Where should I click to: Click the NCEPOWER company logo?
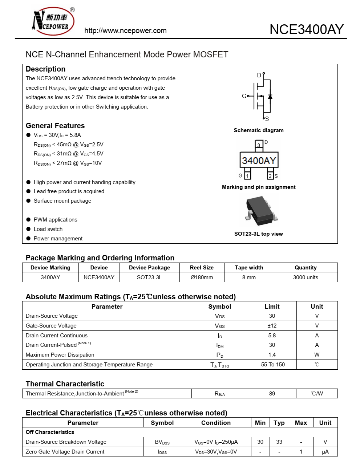pos(53,21)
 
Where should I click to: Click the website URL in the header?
pos(125,31)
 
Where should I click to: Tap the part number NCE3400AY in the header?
pos(306,29)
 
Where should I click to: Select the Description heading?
pos(45,69)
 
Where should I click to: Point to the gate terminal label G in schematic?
pos(244,96)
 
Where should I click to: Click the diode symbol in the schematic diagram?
pos(270,97)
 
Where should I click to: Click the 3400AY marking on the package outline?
pos(259,160)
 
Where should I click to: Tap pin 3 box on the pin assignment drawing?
pos(259,145)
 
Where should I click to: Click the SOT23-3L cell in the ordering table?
pos(149,277)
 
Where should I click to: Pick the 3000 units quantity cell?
pos(306,277)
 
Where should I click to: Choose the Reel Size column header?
pos(202,268)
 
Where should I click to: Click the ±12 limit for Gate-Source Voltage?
pos(272,326)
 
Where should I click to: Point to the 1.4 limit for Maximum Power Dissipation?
pos(272,355)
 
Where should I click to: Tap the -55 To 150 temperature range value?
pos(272,365)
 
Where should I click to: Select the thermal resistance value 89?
pos(272,394)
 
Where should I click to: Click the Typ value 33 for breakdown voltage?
pos(279,442)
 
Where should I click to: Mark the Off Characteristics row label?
pos(50,432)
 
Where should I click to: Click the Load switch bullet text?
pos(48,229)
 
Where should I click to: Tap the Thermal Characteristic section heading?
pos(65,384)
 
